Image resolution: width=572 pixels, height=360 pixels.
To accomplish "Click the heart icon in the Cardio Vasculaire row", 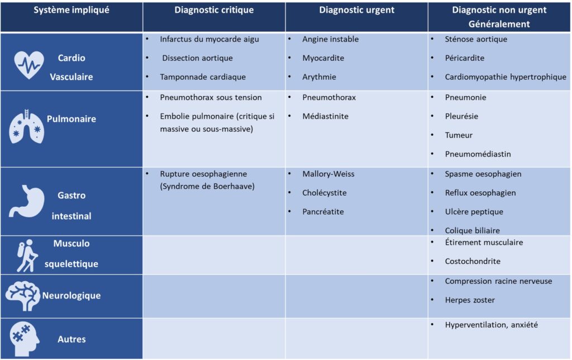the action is pyautogui.click(x=29, y=65).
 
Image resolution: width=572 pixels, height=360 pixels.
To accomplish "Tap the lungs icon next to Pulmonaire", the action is pyautogui.click(x=27, y=126).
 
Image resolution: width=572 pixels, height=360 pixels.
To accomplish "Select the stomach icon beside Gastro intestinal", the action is pyautogui.click(x=27, y=201).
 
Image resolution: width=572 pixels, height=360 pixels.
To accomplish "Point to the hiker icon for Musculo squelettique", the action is pyautogui.click(x=27, y=256).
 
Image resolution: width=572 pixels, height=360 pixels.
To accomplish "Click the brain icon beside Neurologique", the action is pyautogui.click(x=22, y=296).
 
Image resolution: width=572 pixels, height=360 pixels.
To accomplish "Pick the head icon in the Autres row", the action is pyautogui.click(x=25, y=339).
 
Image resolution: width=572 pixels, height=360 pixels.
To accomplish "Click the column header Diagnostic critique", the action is pyautogui.click(x=214, y=10).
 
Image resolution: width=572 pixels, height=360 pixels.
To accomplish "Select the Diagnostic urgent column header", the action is pyautogui.click(x=357, y=10).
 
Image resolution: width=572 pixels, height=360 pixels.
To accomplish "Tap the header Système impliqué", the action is pyautogui.click(x=71, y=10).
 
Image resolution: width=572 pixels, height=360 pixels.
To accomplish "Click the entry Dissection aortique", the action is pyautogui.click(x=197, y=58).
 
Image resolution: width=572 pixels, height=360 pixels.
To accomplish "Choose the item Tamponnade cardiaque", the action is pyautogui.click(x=203, y=77).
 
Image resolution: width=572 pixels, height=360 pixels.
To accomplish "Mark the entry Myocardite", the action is pyautogui.click(x=323, y=58).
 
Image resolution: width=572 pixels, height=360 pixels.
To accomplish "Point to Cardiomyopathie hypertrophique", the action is pyautogui.click(x=506, y=77).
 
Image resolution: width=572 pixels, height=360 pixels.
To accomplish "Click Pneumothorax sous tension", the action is pyautogui.click(x=211, y=97).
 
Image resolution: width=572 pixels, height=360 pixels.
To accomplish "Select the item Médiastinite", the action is pyautogui.click(x=326, y=116).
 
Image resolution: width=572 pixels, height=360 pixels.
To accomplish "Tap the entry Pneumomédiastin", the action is pyautogui.click(x=478, y=154).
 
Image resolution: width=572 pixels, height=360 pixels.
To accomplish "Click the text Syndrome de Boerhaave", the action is pyautogui.click(x=207, y=187).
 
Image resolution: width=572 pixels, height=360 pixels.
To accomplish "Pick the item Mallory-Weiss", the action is pyautogui.click(x=328, y=174).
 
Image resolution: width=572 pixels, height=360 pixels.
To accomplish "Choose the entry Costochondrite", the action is pyautogui.click(x=473, y=262).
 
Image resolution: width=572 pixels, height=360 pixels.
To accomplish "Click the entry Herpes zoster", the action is pyautogui.click(x=470, y=300).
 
